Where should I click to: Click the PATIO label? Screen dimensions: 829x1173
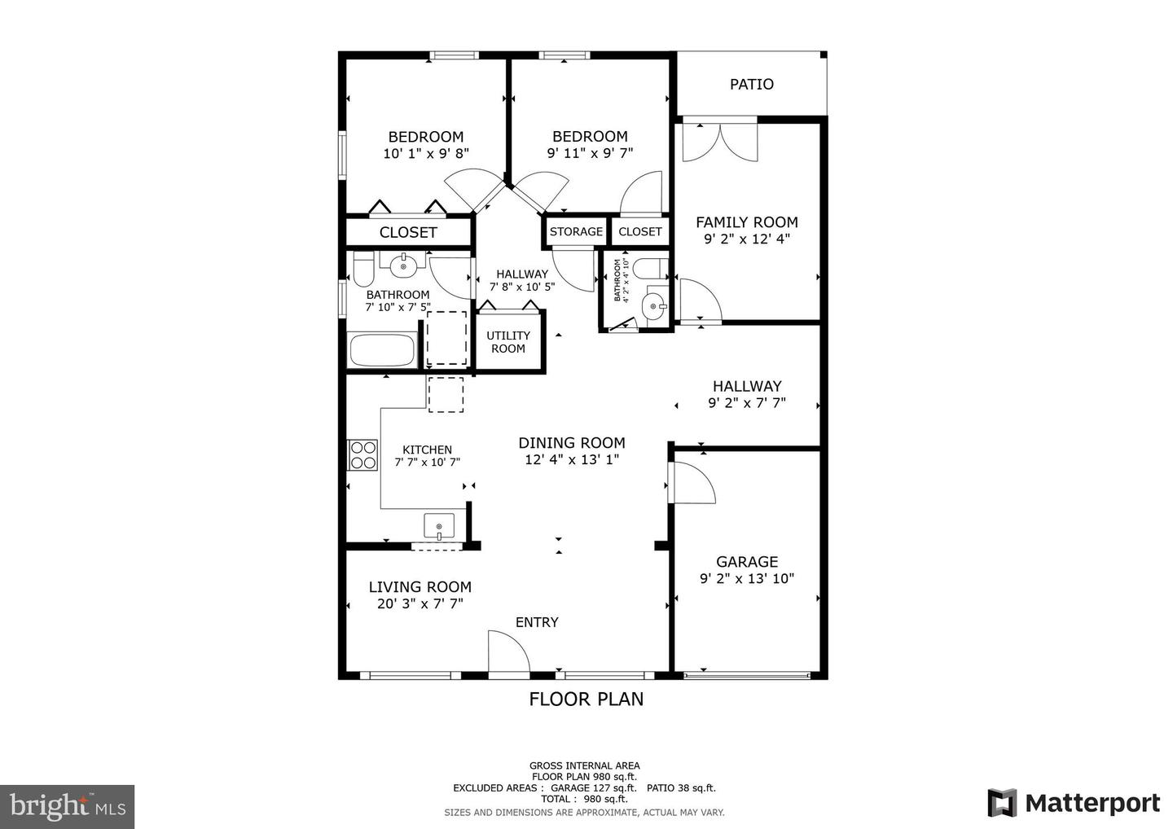pyautogui.click(x=751, y=84)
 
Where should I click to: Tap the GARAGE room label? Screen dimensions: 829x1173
pyautogui.click(x=747, y=562)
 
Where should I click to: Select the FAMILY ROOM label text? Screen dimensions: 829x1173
pyautogui.click(x=746, y=222)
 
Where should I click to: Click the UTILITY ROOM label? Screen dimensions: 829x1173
pyautogui.click(x=508, y=342)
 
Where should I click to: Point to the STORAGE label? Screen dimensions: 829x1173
pyautogui.click(x=576, y=231)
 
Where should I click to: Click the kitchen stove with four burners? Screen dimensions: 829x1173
pyautogui.click(x=363, y=454)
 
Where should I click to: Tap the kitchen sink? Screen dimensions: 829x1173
pyautogui.click(x=439, y=527)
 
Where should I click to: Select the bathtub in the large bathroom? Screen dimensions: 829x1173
pyautogui.click(x=382, y=351)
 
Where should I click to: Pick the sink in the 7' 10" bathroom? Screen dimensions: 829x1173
pyautogui.click(x=403, y=265)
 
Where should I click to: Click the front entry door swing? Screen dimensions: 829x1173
pyautogui.click(x=507, y=653)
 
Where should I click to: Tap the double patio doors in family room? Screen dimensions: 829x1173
pyautogui.click(x=719, y=141)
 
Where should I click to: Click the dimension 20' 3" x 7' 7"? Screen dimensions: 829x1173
pyautogui.click(x=420, y=604)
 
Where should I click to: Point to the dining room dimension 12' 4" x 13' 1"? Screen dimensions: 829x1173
pyautogui.click(x=571, y=460)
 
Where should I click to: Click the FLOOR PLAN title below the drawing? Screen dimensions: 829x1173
pyautogui.click(x=586, y=699)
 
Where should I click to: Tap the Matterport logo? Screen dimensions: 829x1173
pyautogui.click(x=1074, y=803)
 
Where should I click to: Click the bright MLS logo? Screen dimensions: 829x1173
pyautogui.click(x=67, y=806)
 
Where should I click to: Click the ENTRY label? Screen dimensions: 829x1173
pyautogui.click(x=537, y=622)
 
